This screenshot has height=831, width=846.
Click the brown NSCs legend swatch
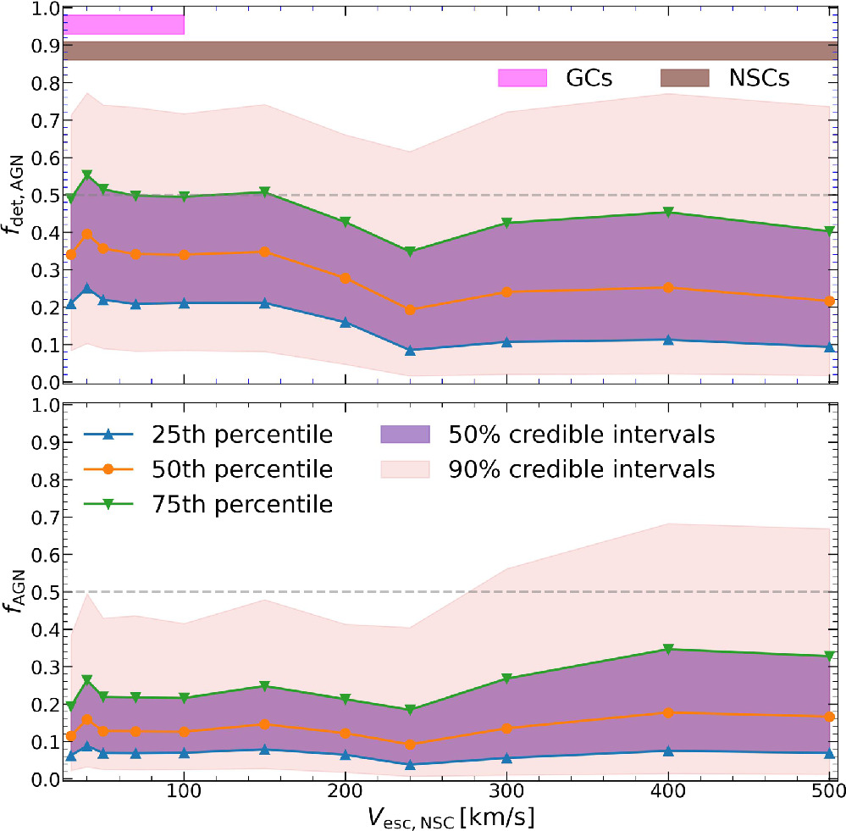[684, 79]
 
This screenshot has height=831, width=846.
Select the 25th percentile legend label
[243, 435]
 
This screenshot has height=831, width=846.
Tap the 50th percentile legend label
[243, 469]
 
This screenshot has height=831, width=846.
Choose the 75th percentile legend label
[243, 504]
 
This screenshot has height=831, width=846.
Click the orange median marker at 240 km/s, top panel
[411, 310]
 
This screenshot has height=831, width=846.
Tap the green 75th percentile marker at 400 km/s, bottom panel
[669, 649]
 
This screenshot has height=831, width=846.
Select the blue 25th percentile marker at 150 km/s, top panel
[265, 303]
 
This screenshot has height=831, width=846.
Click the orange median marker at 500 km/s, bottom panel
[830, 717]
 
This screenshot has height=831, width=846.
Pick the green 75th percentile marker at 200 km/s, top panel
[346, 222]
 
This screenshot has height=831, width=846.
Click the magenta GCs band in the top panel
[124, 25]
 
